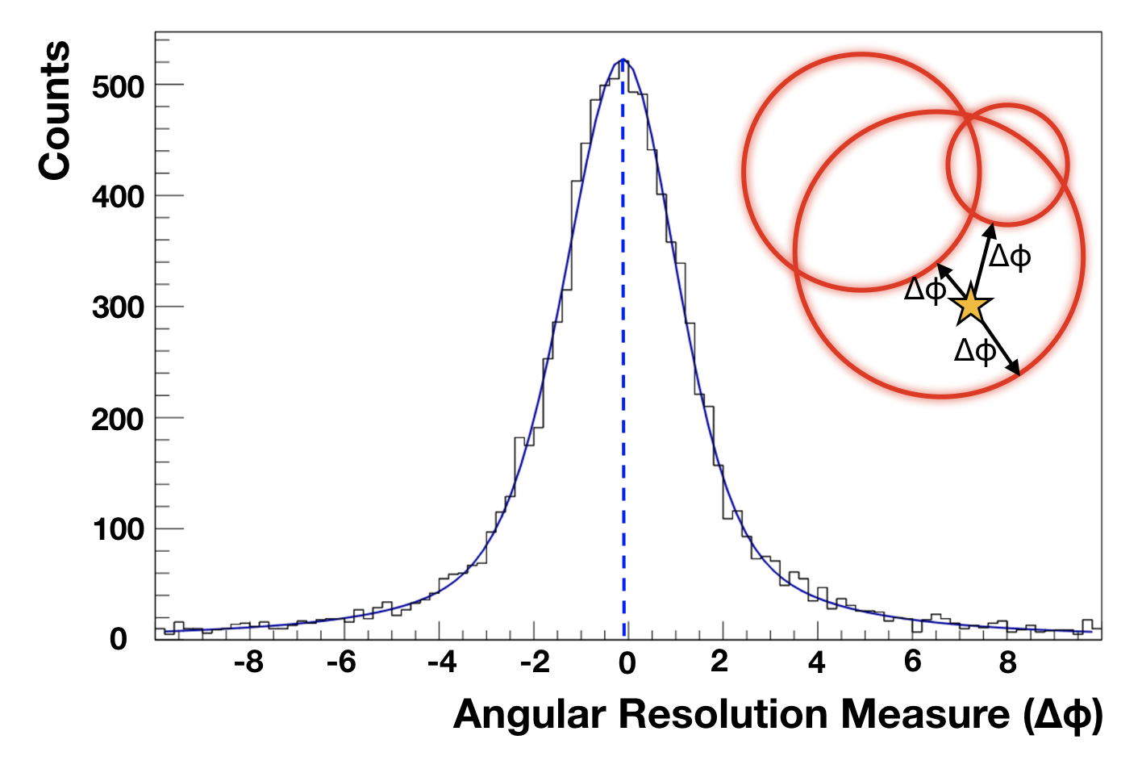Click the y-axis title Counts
point(55,111)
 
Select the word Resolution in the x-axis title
point(724,714)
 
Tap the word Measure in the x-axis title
point(925,714)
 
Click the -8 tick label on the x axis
point(248,663)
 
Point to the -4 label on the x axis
point(442,663)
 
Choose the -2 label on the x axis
point(535,663)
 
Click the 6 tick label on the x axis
point(913,662)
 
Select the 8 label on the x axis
point(1008,663)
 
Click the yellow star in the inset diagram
point(970,307)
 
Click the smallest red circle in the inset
point(948,165)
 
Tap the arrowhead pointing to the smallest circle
point(990,231)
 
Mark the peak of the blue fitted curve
point(623,60)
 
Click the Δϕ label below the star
point(975,351)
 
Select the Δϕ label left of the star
point(925,290)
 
